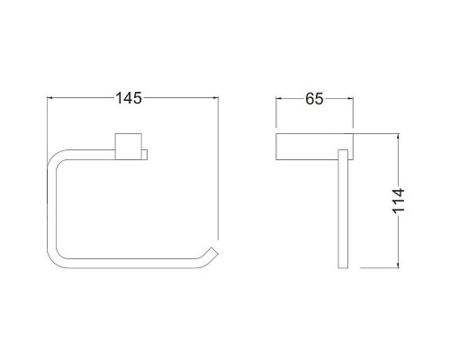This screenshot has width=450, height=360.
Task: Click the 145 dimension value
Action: [129, 98]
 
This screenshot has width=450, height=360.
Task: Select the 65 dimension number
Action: [314, 99]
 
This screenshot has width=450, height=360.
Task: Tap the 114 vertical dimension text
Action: [399, 201]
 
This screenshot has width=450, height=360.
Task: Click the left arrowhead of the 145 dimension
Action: [50, 98]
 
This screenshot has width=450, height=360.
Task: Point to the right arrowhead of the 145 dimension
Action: [215, 98]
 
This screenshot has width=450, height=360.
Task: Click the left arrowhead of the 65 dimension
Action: [279, 98]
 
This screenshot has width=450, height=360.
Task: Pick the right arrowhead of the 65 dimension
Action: [350, 98]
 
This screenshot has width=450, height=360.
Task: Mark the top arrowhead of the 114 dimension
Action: [398, 137]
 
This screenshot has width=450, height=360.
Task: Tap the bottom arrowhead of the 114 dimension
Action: [398, 265]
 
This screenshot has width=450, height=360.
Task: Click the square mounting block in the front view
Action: [129, 146]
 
